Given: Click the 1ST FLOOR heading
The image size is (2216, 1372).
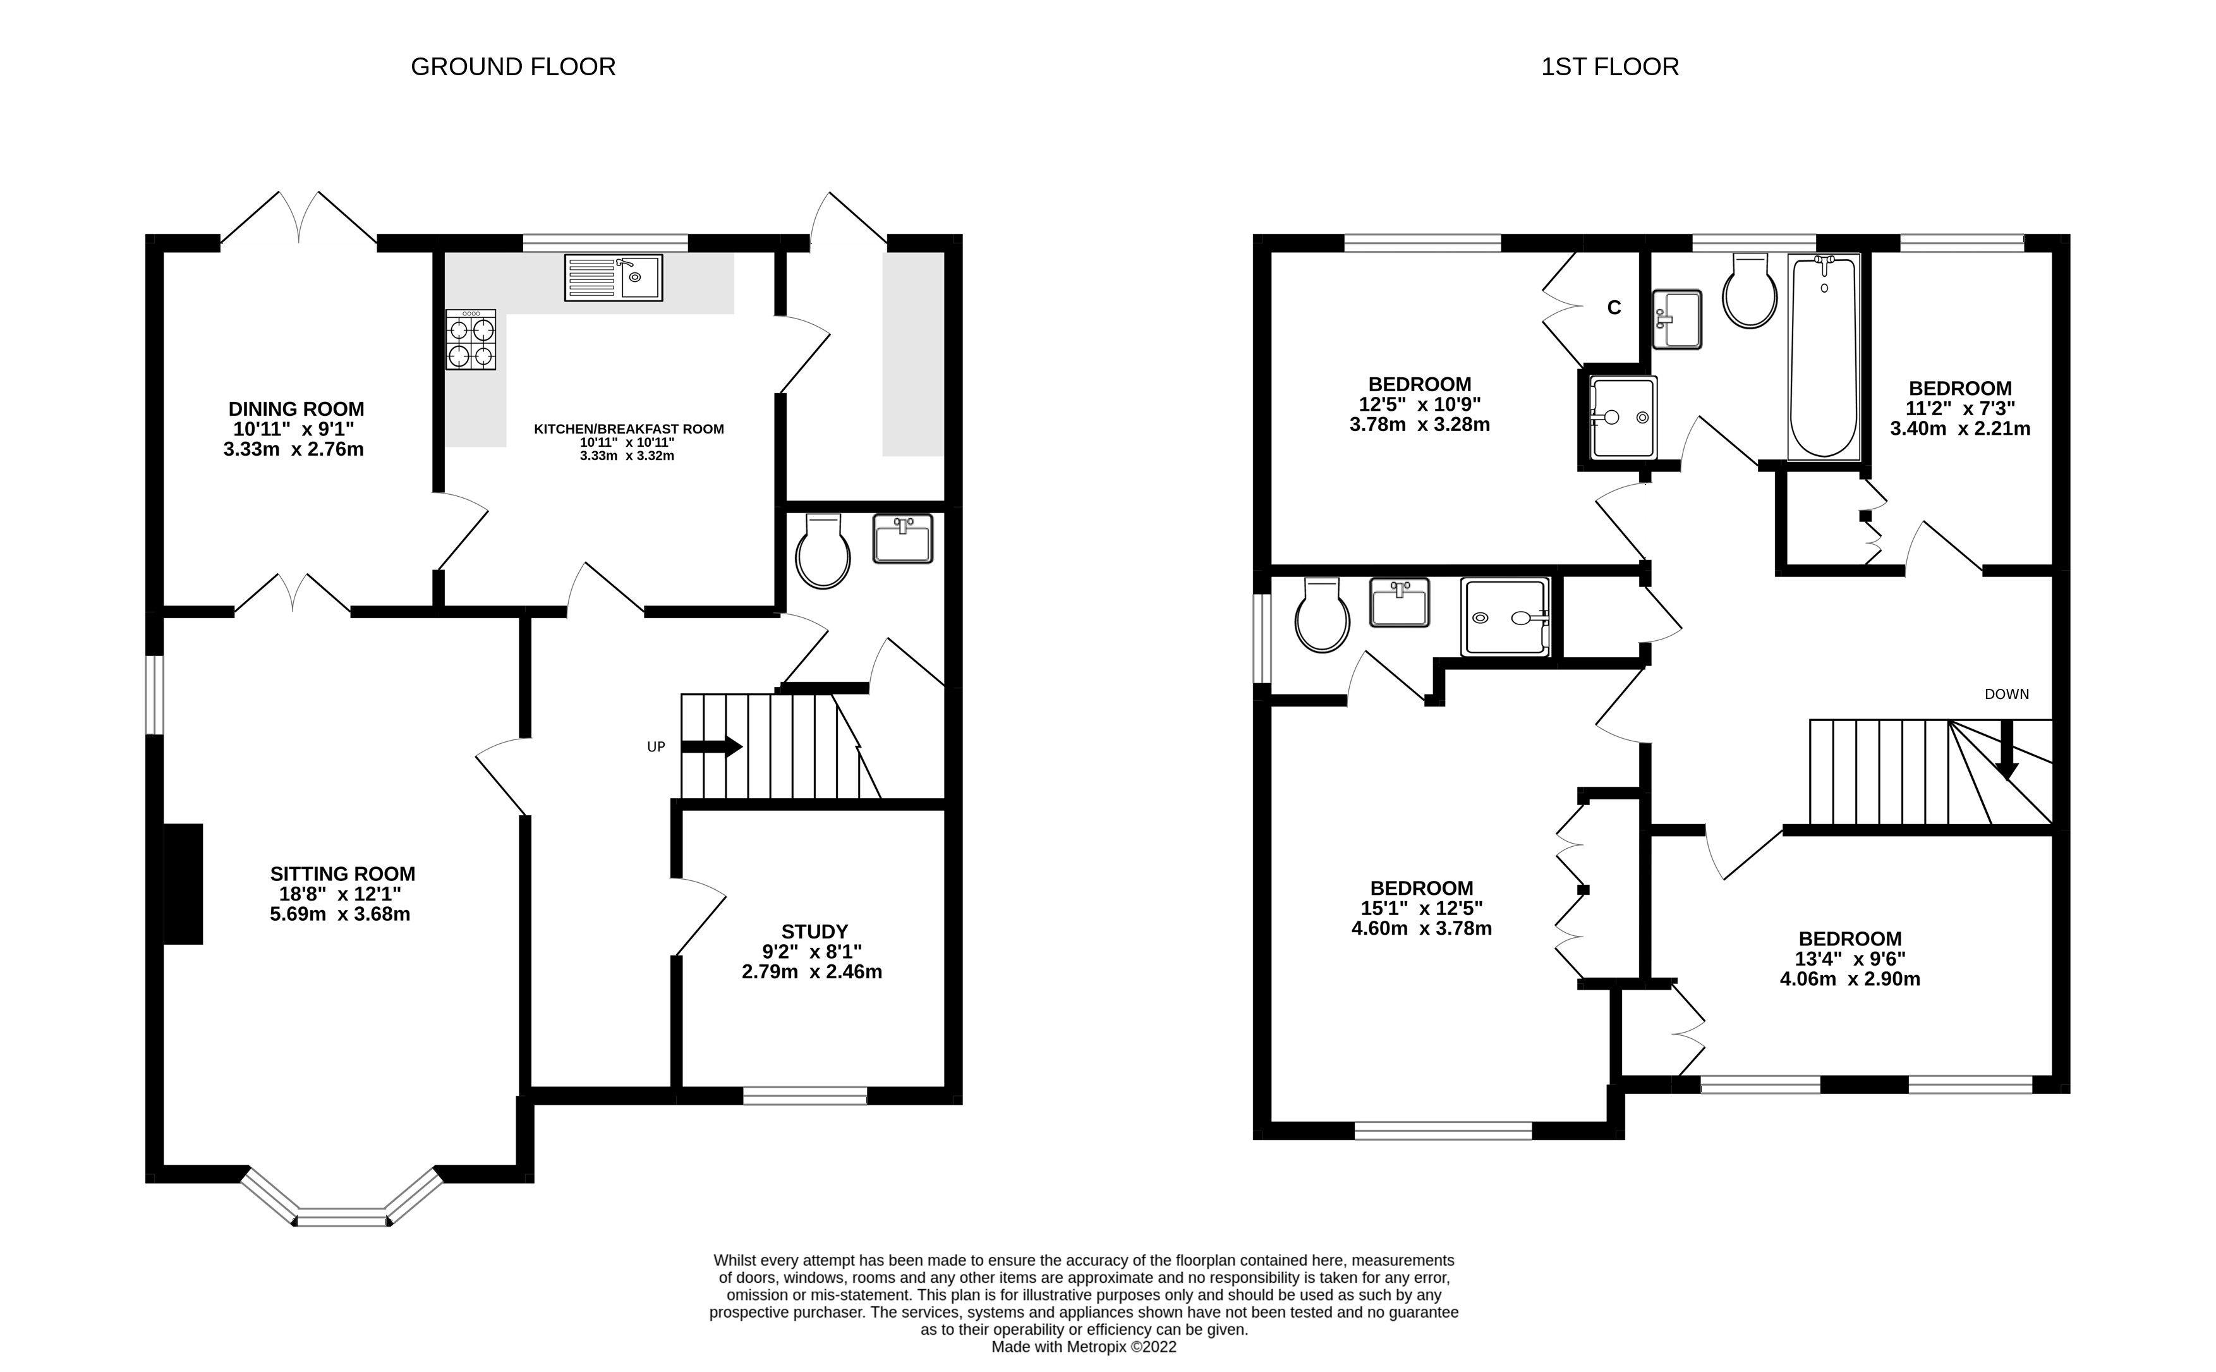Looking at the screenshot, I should tap(1609, 67).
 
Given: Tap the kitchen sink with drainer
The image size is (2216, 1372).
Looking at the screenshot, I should tap(613, 277).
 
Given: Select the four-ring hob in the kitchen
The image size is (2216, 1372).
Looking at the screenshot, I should tap(471, 339).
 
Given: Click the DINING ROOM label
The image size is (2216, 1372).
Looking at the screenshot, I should tap(296, 410).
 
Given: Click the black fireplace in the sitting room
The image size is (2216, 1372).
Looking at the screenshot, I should tap(183, 884).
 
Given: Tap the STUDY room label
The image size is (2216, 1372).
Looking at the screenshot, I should tap(814, 931).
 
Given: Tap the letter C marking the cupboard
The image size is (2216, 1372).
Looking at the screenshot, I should tap(1614, 308).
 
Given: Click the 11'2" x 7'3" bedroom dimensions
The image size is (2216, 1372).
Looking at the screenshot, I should tap(1959, 408).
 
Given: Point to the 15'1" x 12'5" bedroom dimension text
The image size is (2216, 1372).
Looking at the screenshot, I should tap(1420, 908).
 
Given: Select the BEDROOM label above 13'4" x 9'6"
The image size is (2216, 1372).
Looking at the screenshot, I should tap(1850, 939).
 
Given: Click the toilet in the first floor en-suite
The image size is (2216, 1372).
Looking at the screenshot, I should tap(1323, 616).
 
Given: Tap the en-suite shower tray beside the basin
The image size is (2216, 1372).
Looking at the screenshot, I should tap(1504, 617).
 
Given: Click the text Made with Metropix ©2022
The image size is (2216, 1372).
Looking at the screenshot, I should tap(1083, 1347).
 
